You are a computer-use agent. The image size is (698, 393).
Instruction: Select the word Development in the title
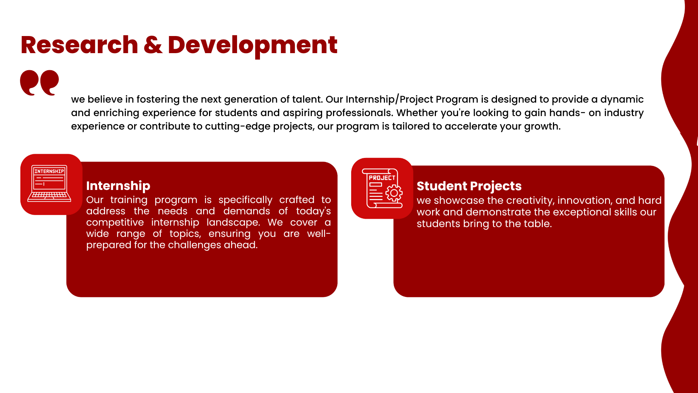coord(252,46)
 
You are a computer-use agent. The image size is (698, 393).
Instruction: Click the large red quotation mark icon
coord(39,83)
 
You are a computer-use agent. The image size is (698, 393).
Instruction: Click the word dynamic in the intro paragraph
coord(622,99)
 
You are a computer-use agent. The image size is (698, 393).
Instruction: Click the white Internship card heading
coord(118,186)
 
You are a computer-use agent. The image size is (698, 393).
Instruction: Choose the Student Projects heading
coord(469,186)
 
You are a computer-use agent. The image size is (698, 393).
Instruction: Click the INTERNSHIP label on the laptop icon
coord(49,171)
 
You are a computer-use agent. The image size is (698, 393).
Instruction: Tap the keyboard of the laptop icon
coord(49,196)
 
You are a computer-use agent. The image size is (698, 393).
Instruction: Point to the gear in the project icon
coord(394,193)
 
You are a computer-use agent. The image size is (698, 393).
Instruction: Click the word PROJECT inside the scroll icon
coord(382,178)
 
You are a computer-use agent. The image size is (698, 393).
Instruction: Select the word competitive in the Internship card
coord(115,222)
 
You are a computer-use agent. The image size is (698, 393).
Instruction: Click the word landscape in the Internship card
coord(233,222)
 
